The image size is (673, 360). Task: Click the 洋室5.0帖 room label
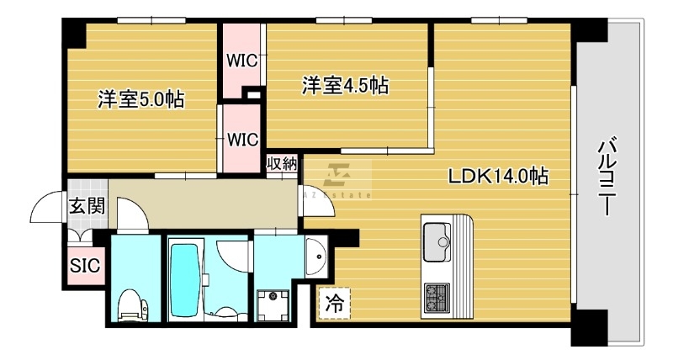coord(141,99)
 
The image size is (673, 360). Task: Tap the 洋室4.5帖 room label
coord(346,85)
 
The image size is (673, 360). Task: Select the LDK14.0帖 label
coord(498,176)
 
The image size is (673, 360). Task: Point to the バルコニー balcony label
coord(607,176)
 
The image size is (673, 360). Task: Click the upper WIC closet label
coord(242,61)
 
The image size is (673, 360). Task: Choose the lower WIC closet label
coord(243,140)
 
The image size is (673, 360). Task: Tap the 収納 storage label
coord(282,163)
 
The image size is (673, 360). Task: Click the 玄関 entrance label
coord(87,206)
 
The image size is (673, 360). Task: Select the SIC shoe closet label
coord(85,266)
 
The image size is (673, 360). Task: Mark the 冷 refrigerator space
coord(334,304)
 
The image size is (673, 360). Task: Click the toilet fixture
coord(133,305)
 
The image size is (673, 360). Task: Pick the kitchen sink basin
coord(437,241)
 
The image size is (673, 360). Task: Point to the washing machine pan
coord(273,305)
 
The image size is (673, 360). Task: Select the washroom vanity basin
coord(316,257)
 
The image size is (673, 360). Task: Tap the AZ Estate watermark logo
coord(338,180)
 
